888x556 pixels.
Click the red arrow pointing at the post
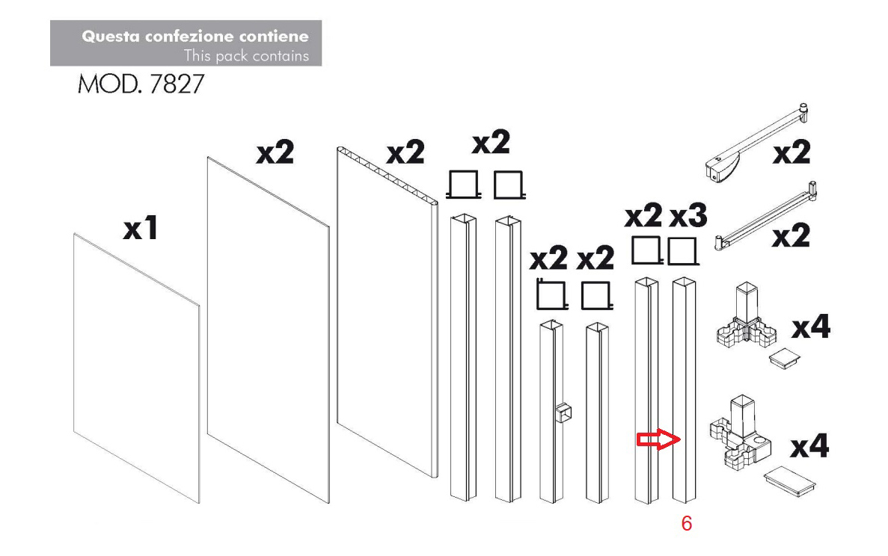pos(658,439)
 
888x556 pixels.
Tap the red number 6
pos(687,524)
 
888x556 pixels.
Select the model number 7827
pos(177,84)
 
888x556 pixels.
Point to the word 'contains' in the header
pos(281,56)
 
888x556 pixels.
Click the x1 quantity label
pos(141,229)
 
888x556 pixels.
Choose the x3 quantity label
pos(689,215)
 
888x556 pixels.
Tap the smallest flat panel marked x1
pos(136,368)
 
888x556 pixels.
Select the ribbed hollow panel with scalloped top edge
pos(388,312)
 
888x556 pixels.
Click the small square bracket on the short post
pos(563,413)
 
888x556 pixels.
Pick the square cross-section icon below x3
pos(682,252)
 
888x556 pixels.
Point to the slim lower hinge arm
pos(765,216)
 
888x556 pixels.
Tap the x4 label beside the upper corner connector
pos(811,327)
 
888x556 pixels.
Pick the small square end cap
pos(784,359)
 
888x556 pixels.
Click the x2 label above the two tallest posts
pos(491,142)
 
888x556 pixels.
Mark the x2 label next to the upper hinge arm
pos(791,152)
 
